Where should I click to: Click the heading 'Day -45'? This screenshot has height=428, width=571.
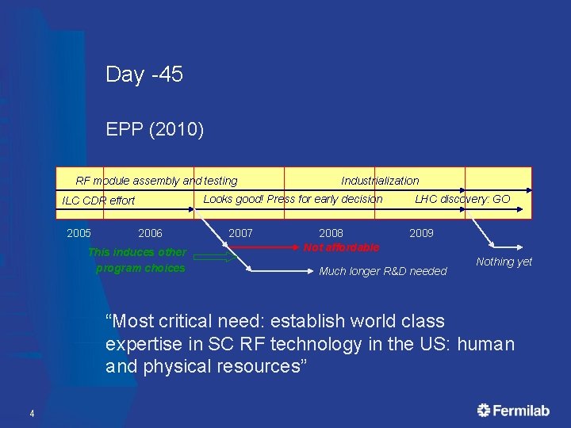pyautogui.click(x=144, y=75)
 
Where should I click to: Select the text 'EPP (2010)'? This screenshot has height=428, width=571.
pyautogui.click(x=155, y=129)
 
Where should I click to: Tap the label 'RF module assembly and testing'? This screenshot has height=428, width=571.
pyautogui.click(x=156, y=181)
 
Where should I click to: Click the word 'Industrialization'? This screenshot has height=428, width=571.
pyautogui.click(x=380, y=181)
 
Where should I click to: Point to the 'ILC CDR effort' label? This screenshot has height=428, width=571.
pyautogui.click(x=98, y=201)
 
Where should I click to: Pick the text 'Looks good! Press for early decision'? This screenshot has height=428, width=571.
pyautogui.click(x=293, y=199)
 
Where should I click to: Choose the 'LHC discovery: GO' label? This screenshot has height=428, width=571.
pyautogui.click(x=462, y=199)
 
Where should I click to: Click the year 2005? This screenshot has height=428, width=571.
pyautogui.click(x=79, y=233)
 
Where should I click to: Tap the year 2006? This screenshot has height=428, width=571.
pyautogui.click(x=150, y=233)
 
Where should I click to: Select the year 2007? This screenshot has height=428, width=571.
pyautogui.click(x=240, y=233)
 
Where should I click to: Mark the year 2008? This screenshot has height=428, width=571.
pyautogui.click(x=331, y=233)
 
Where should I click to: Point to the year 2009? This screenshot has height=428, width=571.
pyautogui.click(x=421, y=233)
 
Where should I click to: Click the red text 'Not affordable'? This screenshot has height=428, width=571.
pyautogui.click(x=341, y=247)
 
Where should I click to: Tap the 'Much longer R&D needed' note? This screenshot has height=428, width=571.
pyautogui.click(x=382, y=272)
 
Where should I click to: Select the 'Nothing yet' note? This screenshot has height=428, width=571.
pyautogui.click(x=504, y=262)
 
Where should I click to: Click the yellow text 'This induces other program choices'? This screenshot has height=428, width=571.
pyautogui.click(x=138, y=260)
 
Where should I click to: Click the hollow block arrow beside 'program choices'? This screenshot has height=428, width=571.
pyautogui.click(x=215, y=257)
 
